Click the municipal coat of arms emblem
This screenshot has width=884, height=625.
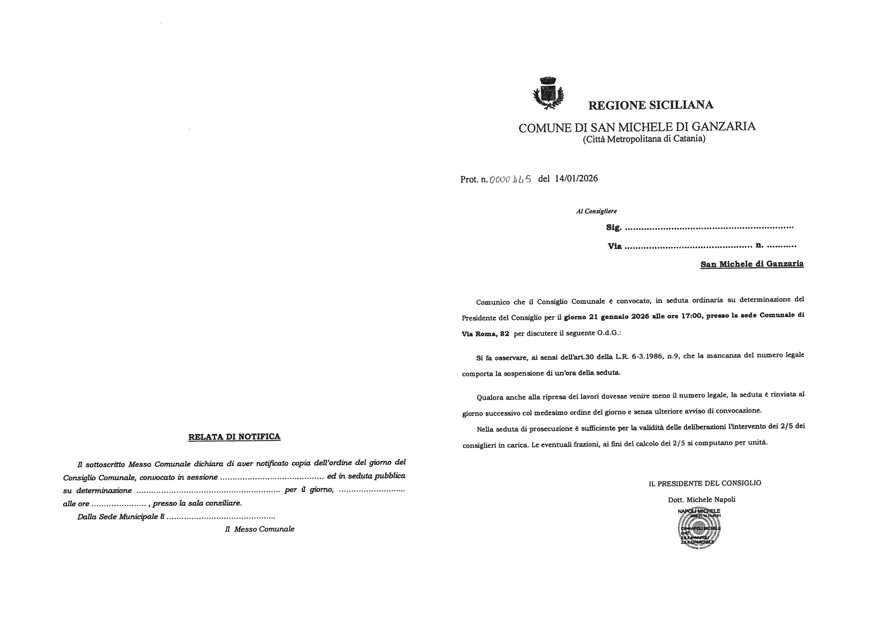pos(548,93)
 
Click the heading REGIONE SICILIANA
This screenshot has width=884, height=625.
pos(651,105)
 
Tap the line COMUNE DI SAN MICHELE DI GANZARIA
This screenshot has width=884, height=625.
pos(637,127)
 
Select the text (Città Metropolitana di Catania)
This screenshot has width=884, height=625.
pos(644,139)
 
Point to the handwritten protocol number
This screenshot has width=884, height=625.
pos(510,179)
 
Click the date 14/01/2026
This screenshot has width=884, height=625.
pos(576,179)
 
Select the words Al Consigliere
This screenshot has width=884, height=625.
pos(596,211)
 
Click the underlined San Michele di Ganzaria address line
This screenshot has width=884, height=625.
pos(751,264)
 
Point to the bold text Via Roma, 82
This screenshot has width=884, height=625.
pos(485,334)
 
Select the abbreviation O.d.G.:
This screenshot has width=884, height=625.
pos(609,333)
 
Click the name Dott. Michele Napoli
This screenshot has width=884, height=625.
pos(701,500)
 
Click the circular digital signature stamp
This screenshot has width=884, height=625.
pos(699,528)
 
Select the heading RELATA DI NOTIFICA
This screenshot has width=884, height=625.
pos(234,437)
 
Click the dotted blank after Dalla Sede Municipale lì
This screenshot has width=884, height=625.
pos(221,517)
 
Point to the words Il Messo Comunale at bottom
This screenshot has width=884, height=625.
pos(259,530)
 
